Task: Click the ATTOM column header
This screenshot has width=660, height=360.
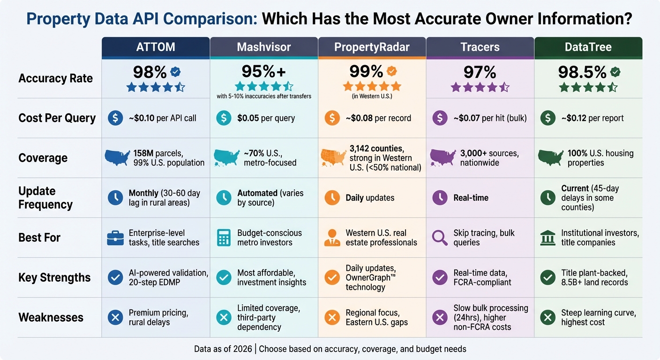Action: [155, 47]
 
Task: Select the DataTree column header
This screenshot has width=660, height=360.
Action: [588, 47]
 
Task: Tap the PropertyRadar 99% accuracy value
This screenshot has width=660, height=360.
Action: [366, 71]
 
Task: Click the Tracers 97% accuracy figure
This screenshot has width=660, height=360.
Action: [480, 72]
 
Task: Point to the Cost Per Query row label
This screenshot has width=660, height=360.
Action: [57, 118]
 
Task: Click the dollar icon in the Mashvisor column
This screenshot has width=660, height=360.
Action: [224, 118]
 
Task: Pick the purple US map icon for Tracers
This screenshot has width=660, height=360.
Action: [442, 157]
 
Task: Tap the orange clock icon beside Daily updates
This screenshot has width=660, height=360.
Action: [332, 198]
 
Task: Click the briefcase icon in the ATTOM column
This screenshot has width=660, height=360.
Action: [115, 238]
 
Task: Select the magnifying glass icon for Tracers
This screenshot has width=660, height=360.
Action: [440, 238]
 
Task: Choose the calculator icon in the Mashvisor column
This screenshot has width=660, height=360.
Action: [224, 238]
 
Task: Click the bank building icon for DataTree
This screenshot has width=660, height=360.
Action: [547, 238]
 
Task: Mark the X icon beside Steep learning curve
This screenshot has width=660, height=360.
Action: [547, 317]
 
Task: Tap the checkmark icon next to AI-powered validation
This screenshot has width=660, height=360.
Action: [115, 277]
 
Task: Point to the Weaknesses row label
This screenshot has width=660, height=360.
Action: [51, 317]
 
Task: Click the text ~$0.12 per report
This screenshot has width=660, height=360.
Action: [592, 118]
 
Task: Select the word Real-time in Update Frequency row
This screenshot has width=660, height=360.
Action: [471, 198]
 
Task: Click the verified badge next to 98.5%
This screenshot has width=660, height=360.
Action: [615, 72]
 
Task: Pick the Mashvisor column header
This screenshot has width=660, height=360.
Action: [263, 47]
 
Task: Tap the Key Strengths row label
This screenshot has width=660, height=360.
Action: [54, 277]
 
